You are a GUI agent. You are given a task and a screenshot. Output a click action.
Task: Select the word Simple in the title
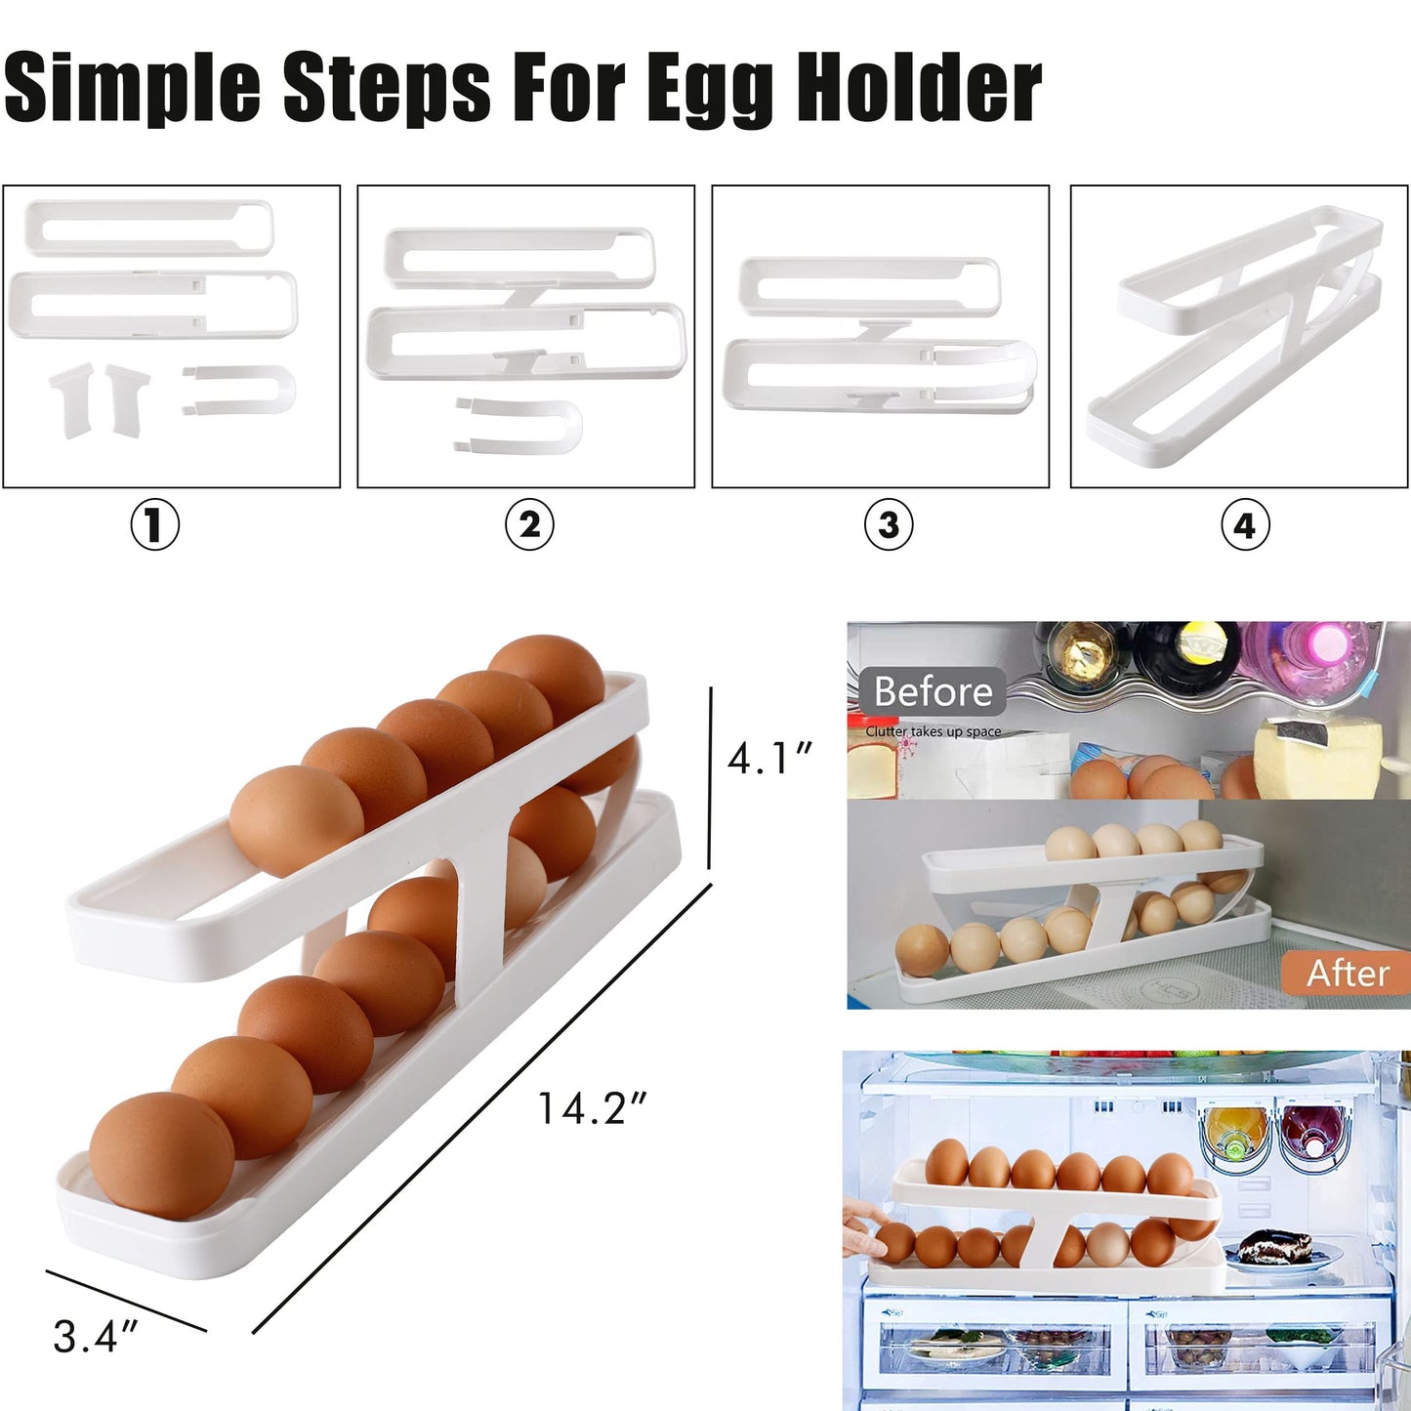133,91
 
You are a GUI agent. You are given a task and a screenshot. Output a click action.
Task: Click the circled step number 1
155,524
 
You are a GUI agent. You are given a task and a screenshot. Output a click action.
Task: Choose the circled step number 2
529,524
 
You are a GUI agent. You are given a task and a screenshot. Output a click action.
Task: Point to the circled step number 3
889,524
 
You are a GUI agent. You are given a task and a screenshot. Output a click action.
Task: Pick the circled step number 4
1246,524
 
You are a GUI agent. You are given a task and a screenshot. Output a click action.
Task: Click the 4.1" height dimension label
769,758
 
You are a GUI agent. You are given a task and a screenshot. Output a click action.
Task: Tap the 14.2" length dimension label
592,1108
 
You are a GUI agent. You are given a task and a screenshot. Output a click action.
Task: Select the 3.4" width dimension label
95,1337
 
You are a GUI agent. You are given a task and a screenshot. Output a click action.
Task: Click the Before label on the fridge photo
933,691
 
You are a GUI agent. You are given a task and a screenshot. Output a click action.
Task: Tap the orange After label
1348,973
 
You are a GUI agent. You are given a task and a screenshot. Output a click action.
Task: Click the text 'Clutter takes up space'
933,731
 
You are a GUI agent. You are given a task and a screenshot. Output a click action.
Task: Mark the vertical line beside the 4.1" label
710,777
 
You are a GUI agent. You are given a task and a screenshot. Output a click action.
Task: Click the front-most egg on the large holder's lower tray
161,1155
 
